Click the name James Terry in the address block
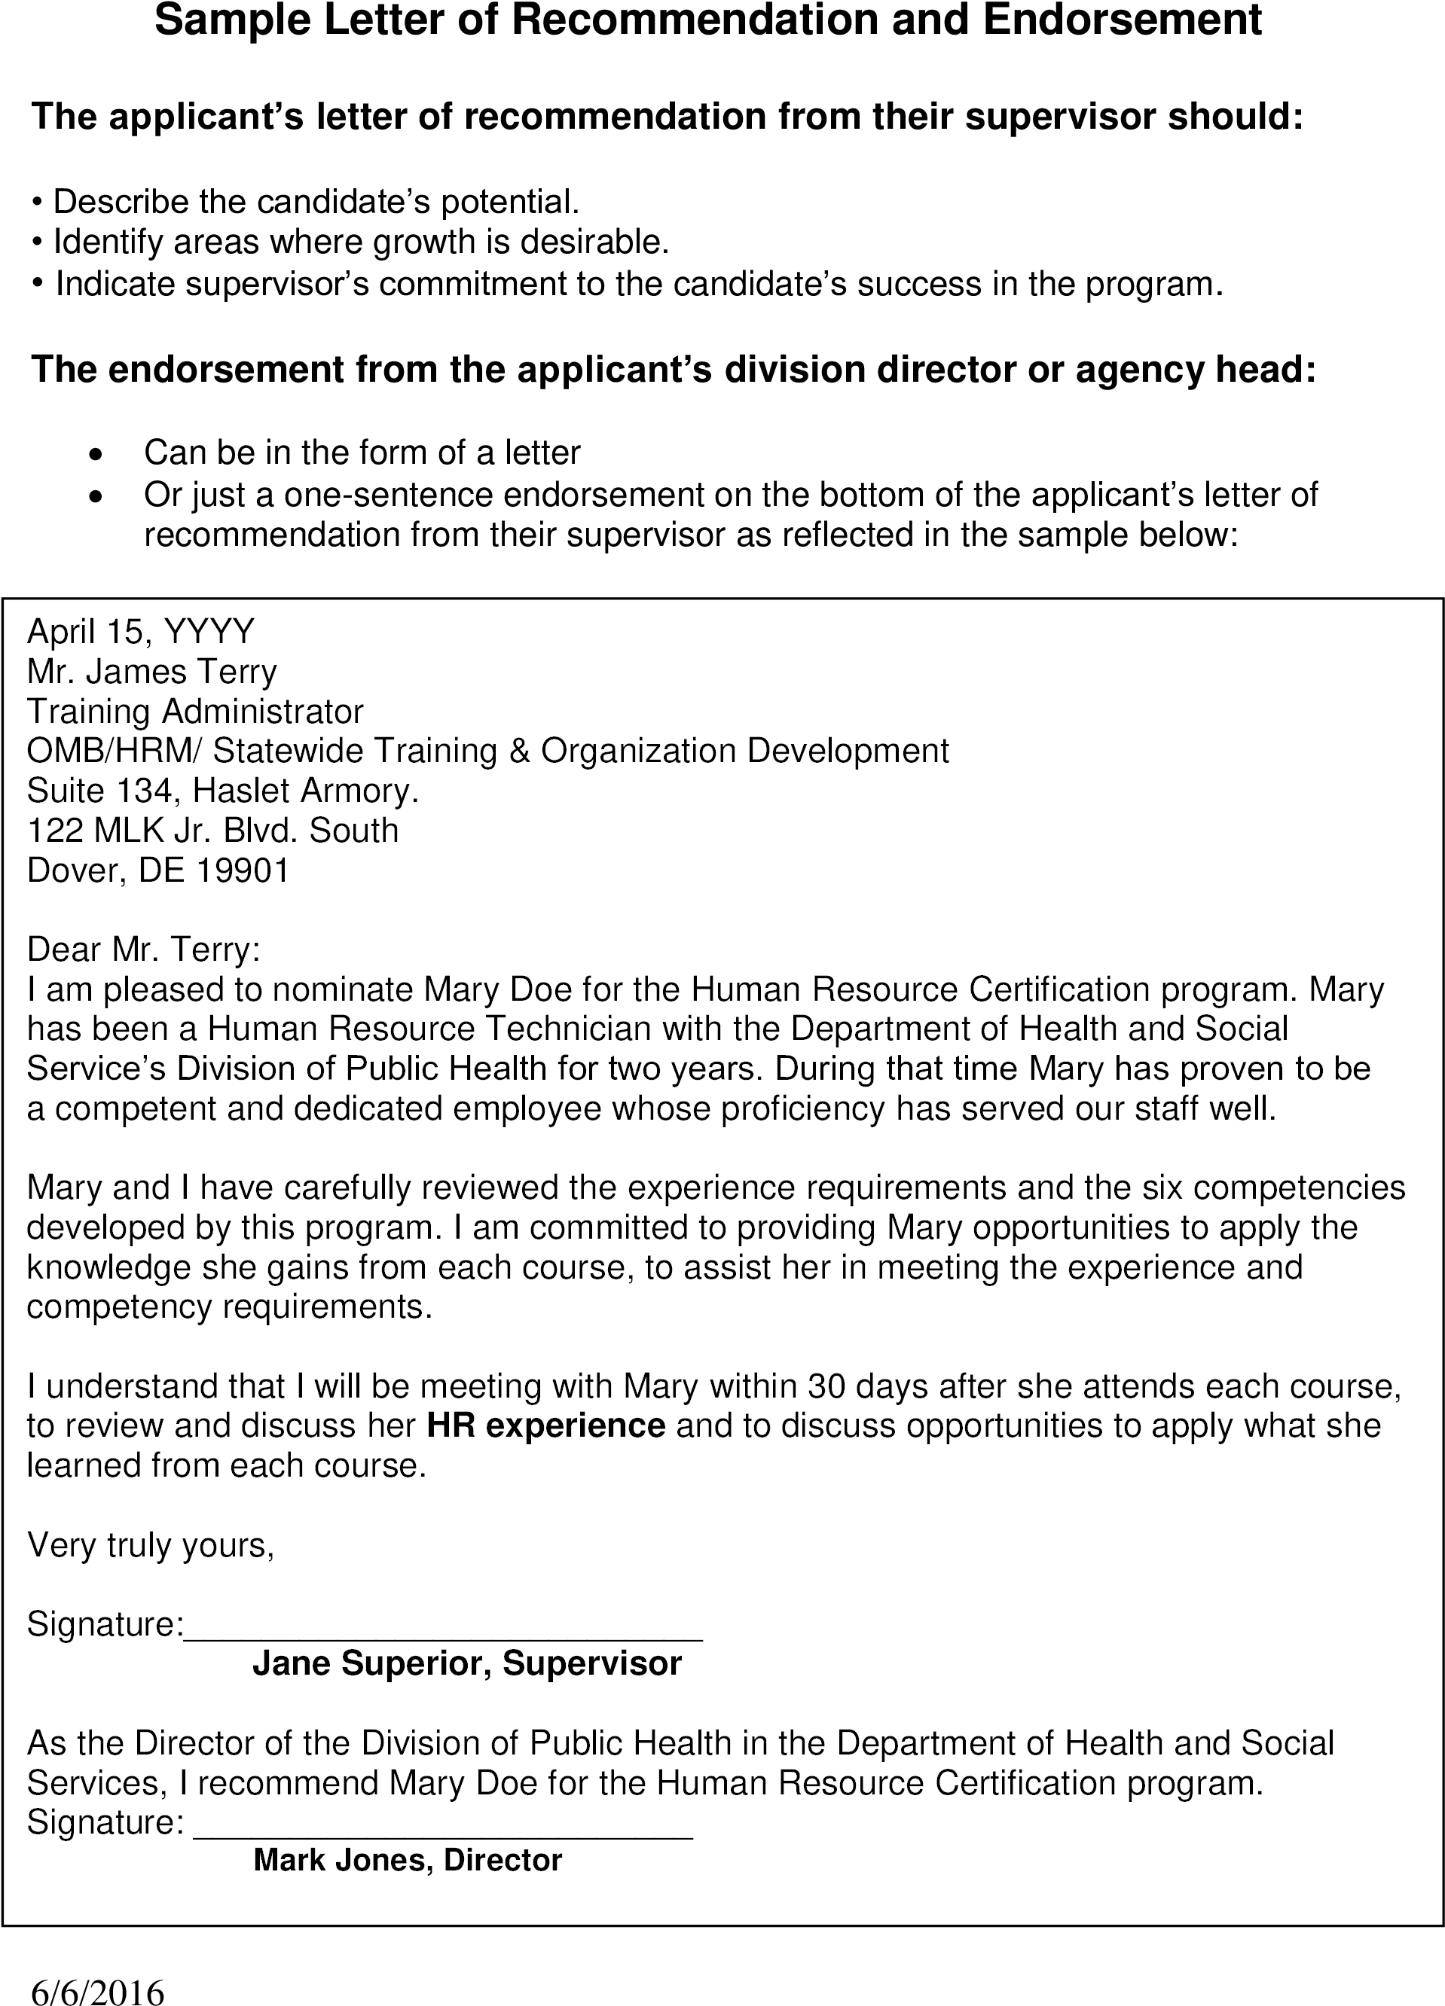point(181,672)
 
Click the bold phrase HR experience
point(545,1427)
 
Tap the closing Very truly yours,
point(151,1545)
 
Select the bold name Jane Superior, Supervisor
point(467,1665)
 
